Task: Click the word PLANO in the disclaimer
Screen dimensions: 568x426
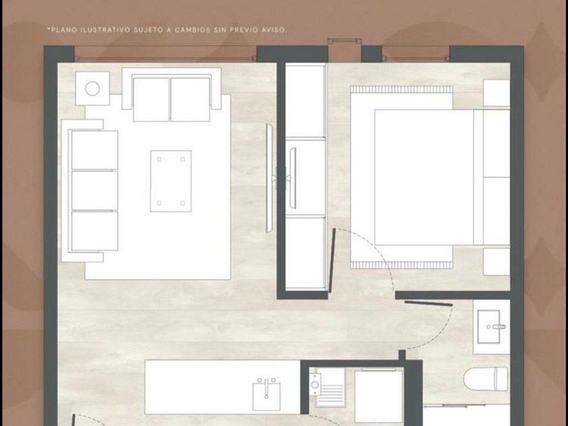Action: pos(64,30)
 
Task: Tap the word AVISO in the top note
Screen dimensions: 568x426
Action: pos(275,30)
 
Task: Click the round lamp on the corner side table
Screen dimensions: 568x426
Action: pos(93,89)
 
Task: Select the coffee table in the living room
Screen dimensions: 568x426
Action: pos(171,181)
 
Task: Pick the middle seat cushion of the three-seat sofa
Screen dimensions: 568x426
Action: pos(95,190)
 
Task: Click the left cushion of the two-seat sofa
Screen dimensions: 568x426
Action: pos(151,99)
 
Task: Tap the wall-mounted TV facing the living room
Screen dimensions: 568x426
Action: pos(269,178)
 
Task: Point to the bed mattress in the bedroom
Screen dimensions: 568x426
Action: pos(424,177)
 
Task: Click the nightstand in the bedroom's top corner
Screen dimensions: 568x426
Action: pos(496,93)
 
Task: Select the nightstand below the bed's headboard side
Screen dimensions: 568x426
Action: pos(496,262)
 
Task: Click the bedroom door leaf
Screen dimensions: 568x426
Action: pos(332,260)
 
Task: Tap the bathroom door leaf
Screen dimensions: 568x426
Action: pos(429,303)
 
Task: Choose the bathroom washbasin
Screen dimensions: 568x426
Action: pos(489,327)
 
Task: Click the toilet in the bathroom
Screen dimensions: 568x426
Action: pos(486,379)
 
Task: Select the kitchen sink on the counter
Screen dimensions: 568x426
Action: pos(266,395)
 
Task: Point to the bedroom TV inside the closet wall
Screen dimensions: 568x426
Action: pos(293,178)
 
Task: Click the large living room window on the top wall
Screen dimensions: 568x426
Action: pos(166,53)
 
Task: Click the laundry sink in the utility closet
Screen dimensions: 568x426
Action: pos(314,385)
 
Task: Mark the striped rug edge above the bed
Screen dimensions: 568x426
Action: pos(402,89)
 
